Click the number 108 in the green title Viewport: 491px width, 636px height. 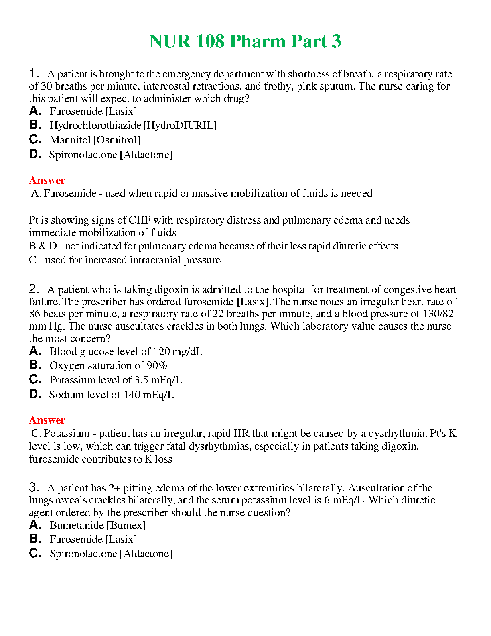coord(210,41)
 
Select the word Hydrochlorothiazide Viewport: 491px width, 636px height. coord(95,126)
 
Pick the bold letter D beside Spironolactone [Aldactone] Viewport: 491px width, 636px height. coord(35,154)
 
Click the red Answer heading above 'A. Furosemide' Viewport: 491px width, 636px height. coord(47,180)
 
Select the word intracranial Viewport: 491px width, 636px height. coord(156,260)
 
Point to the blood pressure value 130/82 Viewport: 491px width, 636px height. coord(438,314)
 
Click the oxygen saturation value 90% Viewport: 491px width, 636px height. coord(157,366)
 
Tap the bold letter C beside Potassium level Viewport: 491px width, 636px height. coord(35,379)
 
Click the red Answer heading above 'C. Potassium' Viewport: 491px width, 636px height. coord(47,420)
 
